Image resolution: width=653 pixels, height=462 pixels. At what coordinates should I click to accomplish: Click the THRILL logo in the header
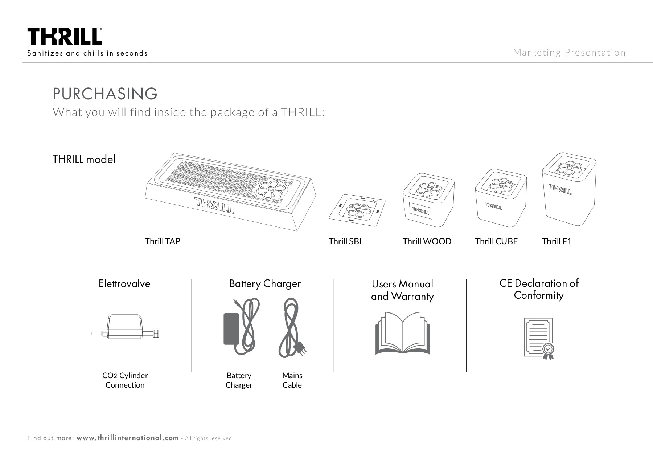(65, 37)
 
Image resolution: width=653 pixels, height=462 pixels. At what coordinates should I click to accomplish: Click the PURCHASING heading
(105, 94)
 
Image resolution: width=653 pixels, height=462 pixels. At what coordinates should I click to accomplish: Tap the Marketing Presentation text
(569, 53)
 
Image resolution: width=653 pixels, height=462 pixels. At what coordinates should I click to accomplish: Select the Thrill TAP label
(162, 241)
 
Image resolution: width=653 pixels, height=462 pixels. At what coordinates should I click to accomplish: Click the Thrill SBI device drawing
(357, 210)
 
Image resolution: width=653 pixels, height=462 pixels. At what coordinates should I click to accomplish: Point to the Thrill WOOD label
(427, 241)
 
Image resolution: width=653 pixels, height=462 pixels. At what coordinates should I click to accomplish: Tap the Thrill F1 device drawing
(568, 189)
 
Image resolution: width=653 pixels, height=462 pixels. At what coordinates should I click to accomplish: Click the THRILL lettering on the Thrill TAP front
(214, 205)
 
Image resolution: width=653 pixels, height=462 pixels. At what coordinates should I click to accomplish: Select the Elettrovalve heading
(124, 283)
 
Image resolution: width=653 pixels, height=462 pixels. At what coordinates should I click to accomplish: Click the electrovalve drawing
(125, 327)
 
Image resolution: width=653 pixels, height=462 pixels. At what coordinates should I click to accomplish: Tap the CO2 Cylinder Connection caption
(125, 380)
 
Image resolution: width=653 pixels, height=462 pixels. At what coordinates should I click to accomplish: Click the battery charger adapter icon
(231, 329)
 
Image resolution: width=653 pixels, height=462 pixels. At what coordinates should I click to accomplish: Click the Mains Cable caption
(292, 380)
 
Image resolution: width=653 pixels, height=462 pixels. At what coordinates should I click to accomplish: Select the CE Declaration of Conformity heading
(539, 289)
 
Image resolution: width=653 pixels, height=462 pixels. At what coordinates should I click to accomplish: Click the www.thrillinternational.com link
(128, 438)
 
